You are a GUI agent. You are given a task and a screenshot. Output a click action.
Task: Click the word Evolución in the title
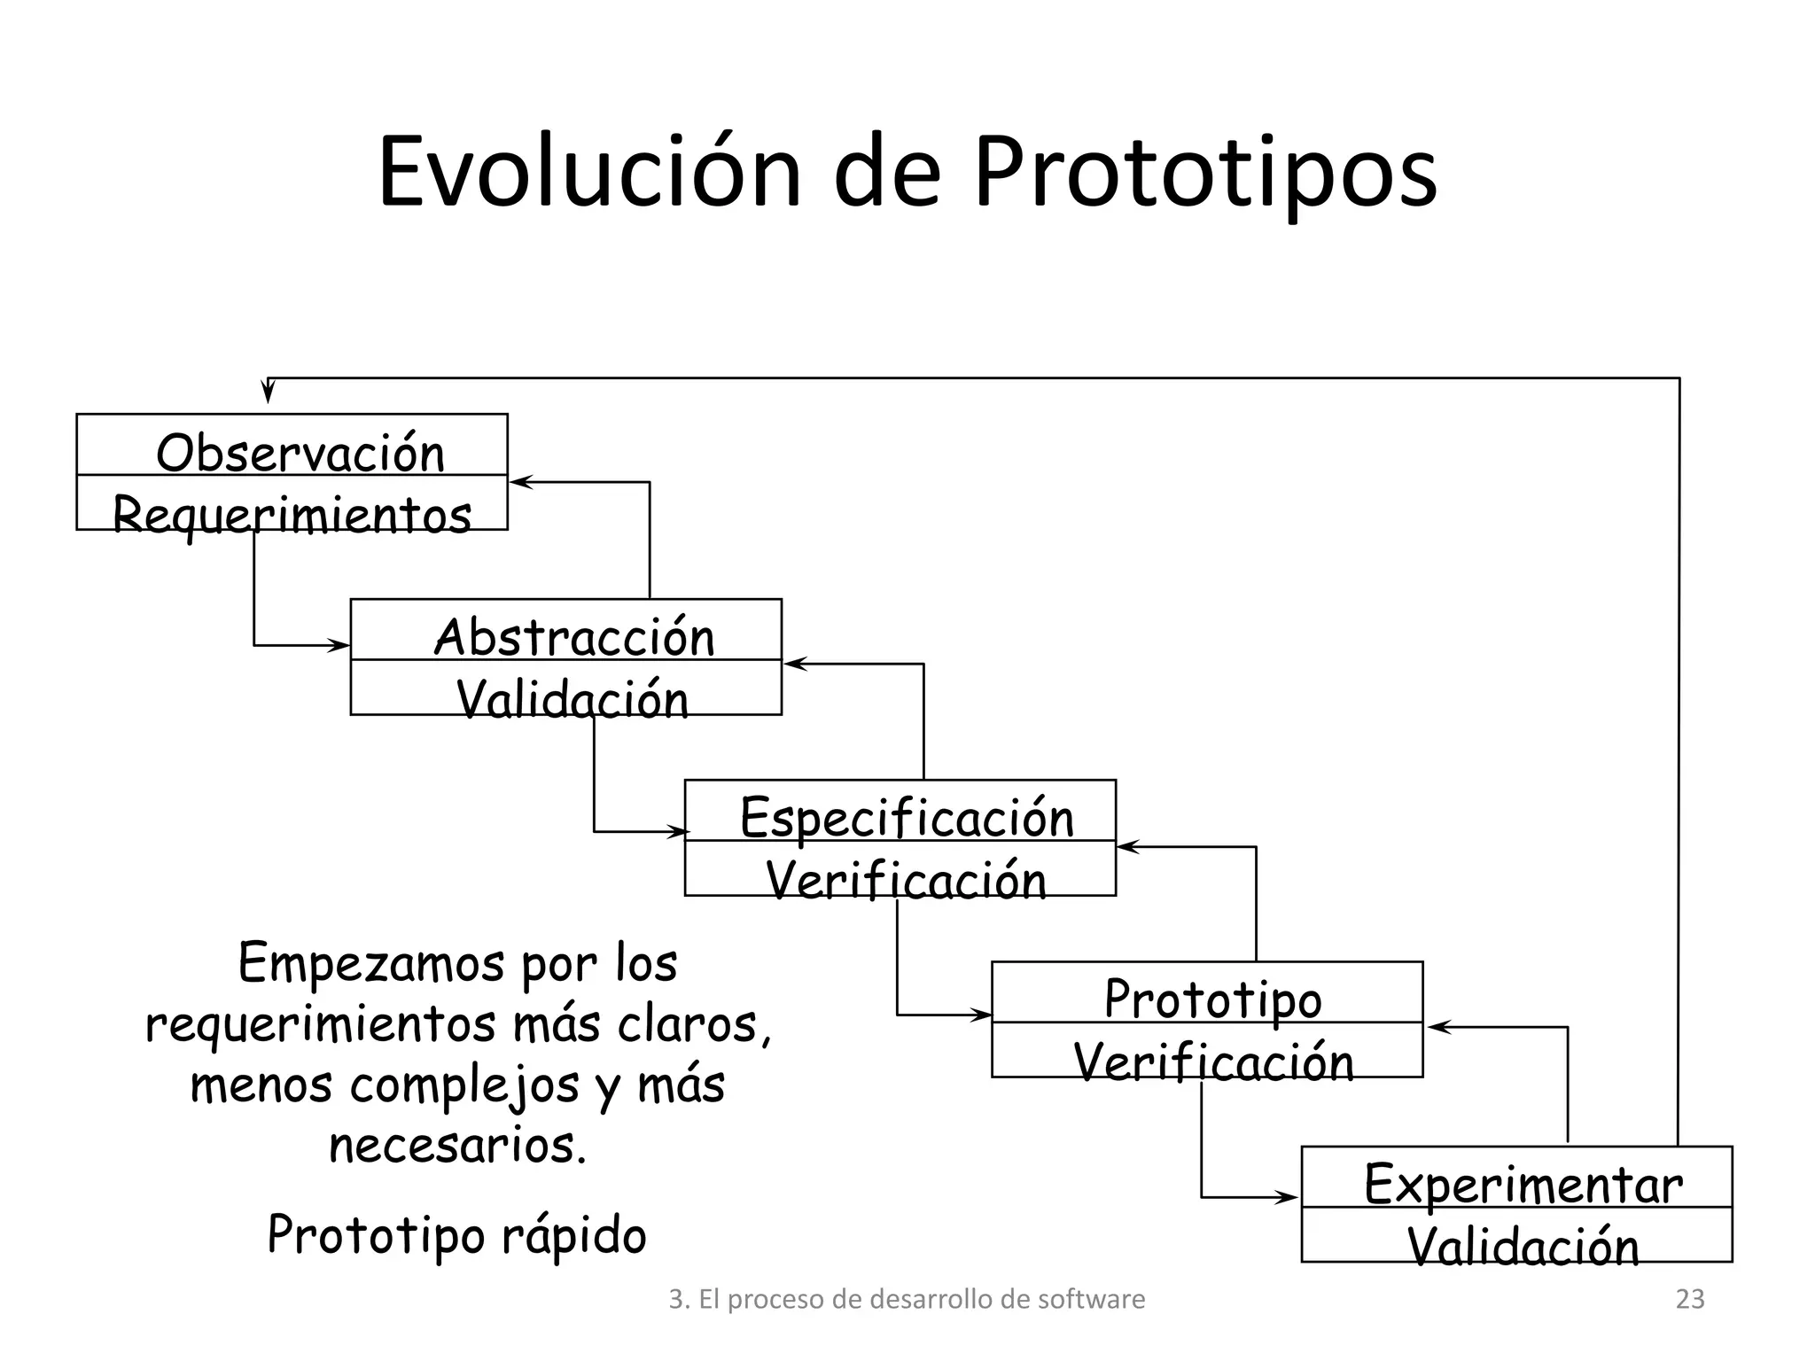[x=588, y=172]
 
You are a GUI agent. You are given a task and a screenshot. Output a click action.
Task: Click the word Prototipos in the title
[x=1205, y=172]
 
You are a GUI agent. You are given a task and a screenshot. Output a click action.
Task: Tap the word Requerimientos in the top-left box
[x=292, y=515]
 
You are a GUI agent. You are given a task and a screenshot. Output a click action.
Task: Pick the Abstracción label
[x=574, y=637]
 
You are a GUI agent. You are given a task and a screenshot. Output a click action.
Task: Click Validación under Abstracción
[x=573, y=699]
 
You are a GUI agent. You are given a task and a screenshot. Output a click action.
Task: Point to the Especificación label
[x=907, y=817]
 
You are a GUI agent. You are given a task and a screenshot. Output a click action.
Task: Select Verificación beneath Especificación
[x=906, y=881]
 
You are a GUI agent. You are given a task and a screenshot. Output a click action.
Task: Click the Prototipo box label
[x=1212, y=999]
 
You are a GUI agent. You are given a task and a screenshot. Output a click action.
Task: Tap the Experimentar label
[x=1523, y=1184]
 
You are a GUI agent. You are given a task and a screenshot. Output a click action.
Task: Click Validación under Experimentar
[x=1523, y=1247]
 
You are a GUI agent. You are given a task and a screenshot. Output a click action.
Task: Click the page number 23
[x=1690, y=1299]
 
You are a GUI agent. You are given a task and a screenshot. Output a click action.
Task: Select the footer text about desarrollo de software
[x=907, y=1299]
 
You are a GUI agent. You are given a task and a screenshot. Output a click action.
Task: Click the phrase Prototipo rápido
[x=456, y=1234]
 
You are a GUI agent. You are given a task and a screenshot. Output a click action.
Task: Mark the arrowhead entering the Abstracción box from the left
[x=340, y=645]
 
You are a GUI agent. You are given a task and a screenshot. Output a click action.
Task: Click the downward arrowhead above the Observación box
[x=268, y=393]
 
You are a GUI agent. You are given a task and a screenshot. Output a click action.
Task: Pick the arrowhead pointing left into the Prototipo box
[x=1437, y=1028]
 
